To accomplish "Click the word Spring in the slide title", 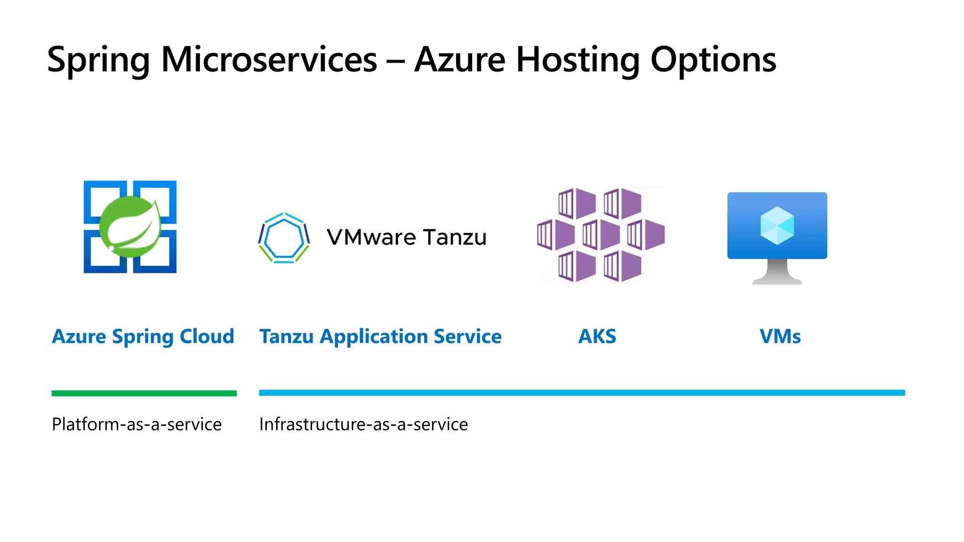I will tap(98, 60).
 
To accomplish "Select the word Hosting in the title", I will tap(578, 60).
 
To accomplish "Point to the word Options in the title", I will tap(713, 60).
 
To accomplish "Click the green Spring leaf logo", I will tap(130, 227).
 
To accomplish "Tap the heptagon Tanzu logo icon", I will tap(284, 238).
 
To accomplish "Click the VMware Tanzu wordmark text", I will tap(406, 238).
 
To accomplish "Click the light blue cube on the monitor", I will tap(777, 225).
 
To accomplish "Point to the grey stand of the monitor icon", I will tap(777, 272).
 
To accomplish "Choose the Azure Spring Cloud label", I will tap(143, 336).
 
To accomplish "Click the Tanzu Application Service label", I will tap(380, 336).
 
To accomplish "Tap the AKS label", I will tap(597, 336).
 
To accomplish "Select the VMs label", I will tap(780, 336).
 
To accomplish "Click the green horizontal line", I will tap(144, 393).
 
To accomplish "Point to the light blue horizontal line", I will tap(582, 393).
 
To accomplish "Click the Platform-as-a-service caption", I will tap(137, 424).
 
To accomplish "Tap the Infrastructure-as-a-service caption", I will tap(363, 424).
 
